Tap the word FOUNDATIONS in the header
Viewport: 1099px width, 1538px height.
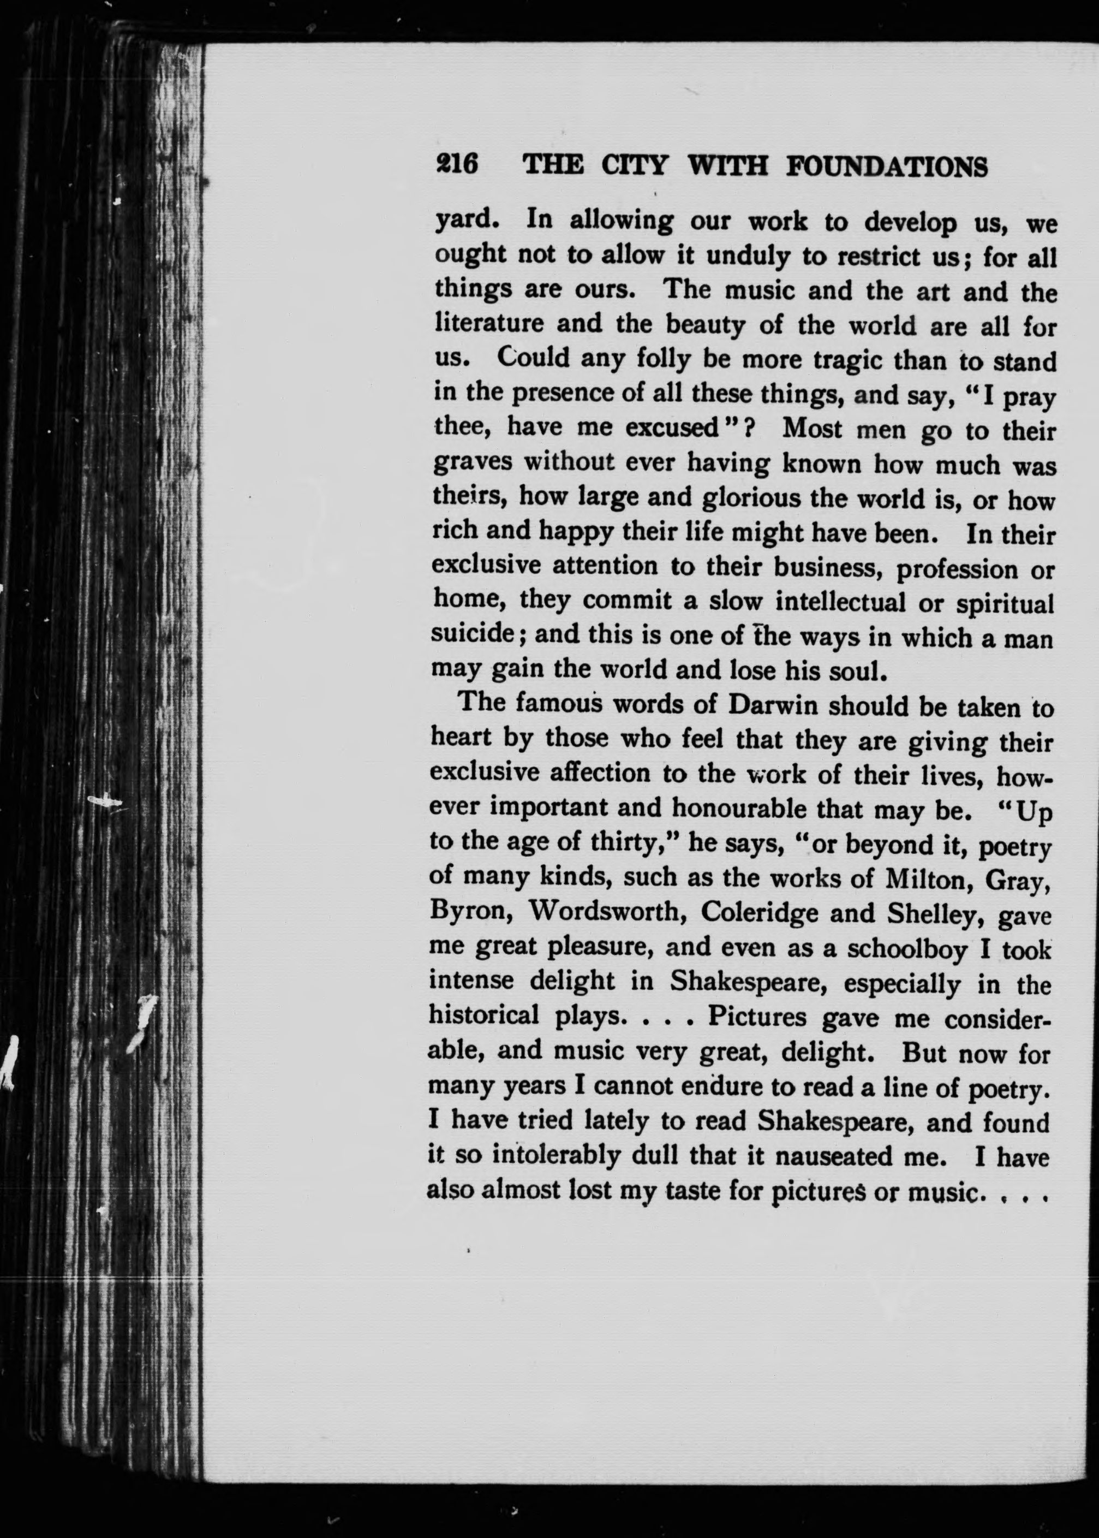click(x=887, y=167)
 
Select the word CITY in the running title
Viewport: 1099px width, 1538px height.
click(x=635, y=166)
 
